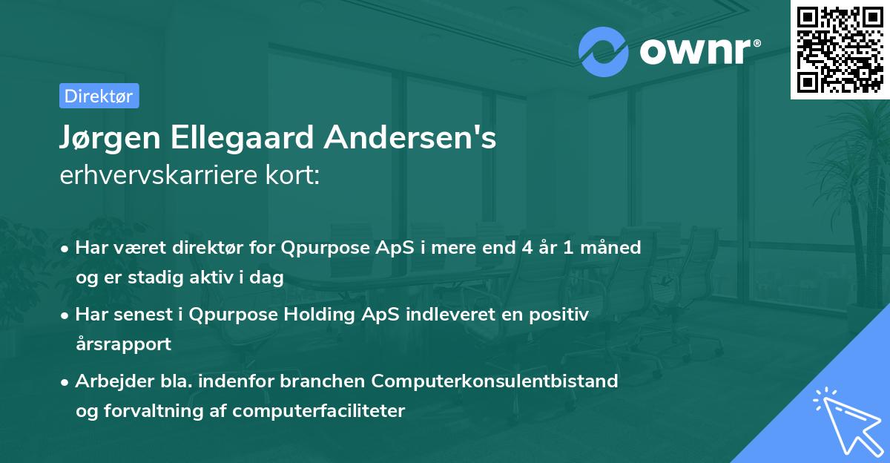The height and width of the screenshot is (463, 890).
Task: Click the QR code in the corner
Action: [840, 49]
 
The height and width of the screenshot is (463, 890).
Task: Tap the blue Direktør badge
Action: [99, 96]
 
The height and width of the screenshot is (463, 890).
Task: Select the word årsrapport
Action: [123, 344]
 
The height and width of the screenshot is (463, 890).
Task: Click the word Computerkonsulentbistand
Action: [495, 381]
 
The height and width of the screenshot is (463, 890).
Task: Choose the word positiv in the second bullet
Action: [561, 315]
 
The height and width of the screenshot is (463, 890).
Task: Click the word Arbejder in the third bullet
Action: [108, 381]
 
